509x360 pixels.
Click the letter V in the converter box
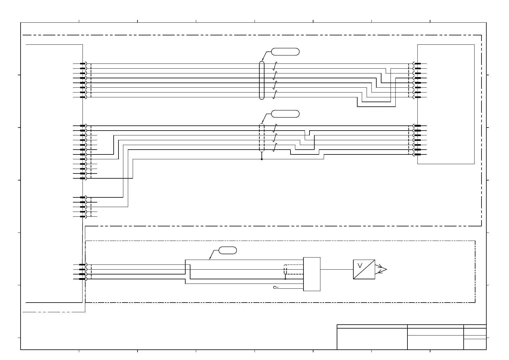pos(360,266)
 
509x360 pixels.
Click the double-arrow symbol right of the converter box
pos(381,269)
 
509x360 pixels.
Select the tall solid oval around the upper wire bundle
pos(262,80)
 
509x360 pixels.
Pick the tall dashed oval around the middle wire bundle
pos(262,138)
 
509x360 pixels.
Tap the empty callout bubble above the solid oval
pos(285,52)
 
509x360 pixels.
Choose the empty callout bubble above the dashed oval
pos(285,114)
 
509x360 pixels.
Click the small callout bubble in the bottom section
pos(228,250)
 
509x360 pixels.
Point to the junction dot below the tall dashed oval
pos(262,159)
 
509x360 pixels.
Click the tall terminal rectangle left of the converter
pos(312,274)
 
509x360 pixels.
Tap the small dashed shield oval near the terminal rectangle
pos(285,269)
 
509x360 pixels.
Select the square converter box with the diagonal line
pos(364,269)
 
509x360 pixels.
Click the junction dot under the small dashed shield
pos(285,279)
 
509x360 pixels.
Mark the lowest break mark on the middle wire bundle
pos(275,147)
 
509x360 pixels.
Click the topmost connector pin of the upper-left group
pos(83,64)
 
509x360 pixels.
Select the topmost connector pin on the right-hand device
pos(417,64)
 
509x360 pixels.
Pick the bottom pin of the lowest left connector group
pos(82,279)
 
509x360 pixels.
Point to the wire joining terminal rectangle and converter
pos(337,269)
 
